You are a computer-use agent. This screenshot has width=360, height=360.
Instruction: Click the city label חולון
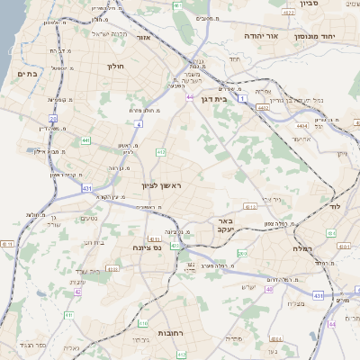click(x=114, y=66)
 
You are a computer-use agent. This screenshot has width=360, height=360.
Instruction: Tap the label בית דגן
click(x=213, y=99)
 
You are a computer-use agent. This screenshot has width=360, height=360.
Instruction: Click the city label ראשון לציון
click(x=161, y=185)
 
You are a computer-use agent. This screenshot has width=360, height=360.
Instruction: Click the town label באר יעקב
click(x=225, y=225)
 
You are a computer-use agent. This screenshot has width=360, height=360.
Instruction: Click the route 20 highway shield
click(x=53, y=118)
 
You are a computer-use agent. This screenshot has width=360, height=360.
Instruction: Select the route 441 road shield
click(x=85, y=140)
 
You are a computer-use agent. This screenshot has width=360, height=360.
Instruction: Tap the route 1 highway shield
click(x=242, y=98)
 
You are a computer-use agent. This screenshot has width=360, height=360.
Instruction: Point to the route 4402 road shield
click(x=263, y=107)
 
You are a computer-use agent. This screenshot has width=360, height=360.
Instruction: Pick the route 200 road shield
click(x=243, y=255)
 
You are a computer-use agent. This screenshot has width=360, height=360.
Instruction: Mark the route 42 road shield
click(x=78, y=292)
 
